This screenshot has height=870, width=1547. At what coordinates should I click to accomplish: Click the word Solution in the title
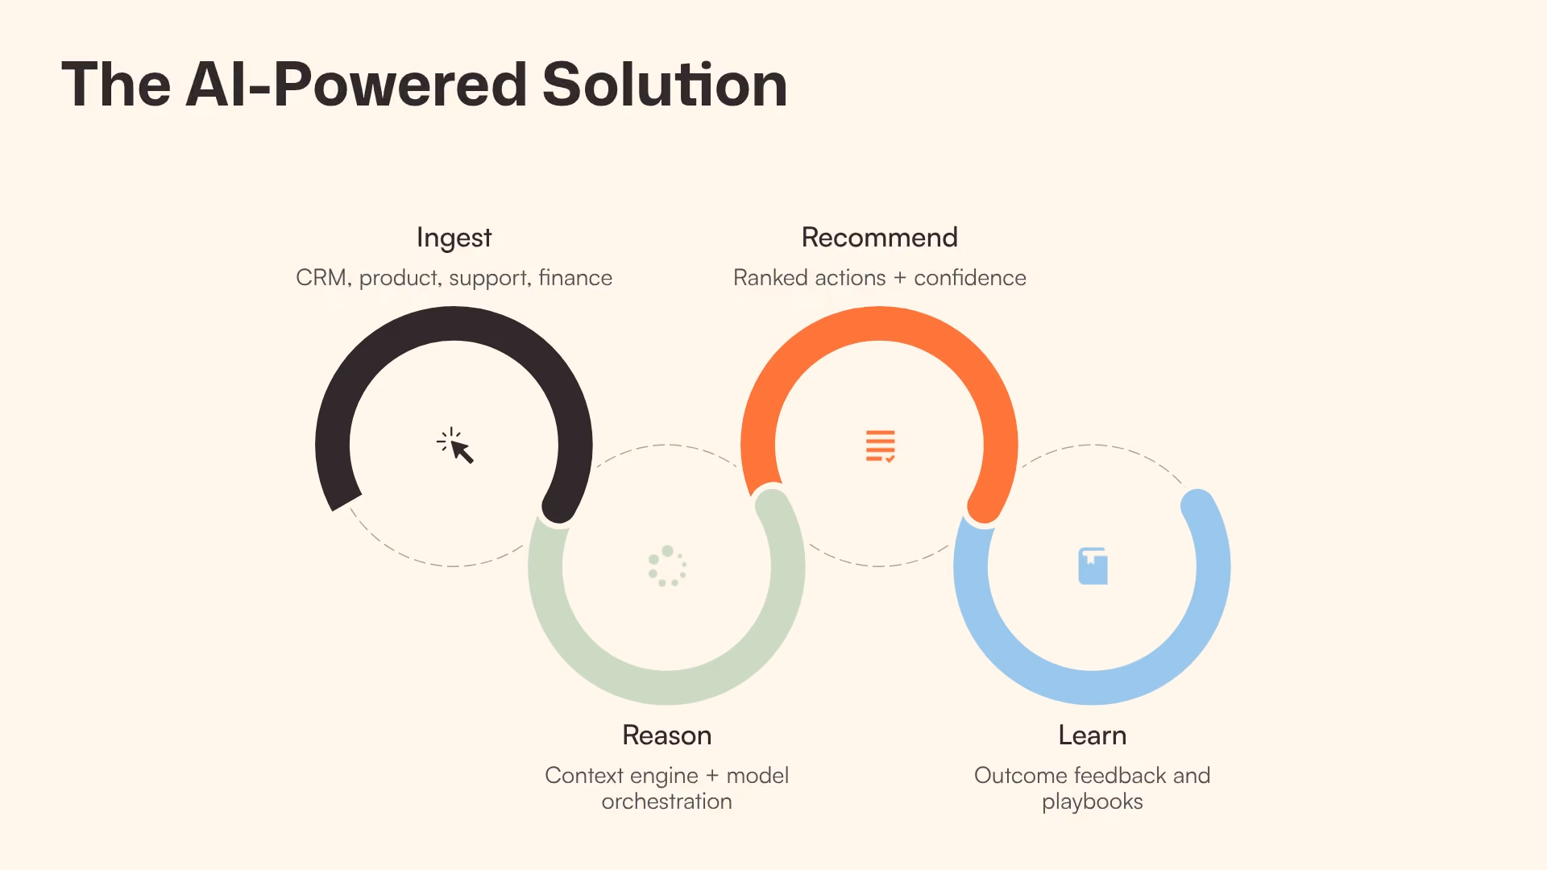pos(665,85)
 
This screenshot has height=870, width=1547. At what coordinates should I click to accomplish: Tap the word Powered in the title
pos(400,85)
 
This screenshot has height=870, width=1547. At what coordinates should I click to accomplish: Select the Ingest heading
pos(454,238)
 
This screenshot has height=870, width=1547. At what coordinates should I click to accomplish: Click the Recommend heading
pos(879,237)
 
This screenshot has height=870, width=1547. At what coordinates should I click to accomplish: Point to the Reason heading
pos(666,735)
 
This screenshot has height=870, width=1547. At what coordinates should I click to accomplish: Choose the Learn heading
pos(1092,735)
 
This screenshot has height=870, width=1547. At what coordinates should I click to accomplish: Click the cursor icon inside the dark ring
pos(455,445)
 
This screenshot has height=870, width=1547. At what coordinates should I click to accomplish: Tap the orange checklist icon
pos(880,446)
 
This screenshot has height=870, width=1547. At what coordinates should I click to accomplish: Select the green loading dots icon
pos(667,566)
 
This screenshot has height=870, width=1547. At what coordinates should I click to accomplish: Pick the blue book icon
pos(1093,565)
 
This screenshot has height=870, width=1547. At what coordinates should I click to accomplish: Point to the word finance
pos(575,277)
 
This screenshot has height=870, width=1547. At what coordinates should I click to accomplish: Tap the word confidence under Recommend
pos(970,277)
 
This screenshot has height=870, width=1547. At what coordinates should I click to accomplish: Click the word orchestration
pos(666,802)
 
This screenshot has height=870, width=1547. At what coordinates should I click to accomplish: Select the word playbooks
pos(1092,802)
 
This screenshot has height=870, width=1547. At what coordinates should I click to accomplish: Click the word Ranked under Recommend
pos(769,277)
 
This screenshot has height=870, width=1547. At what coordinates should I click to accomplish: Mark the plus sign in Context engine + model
pos(712,776)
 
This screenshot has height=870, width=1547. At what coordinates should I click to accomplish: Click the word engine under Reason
pos(665,777)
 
